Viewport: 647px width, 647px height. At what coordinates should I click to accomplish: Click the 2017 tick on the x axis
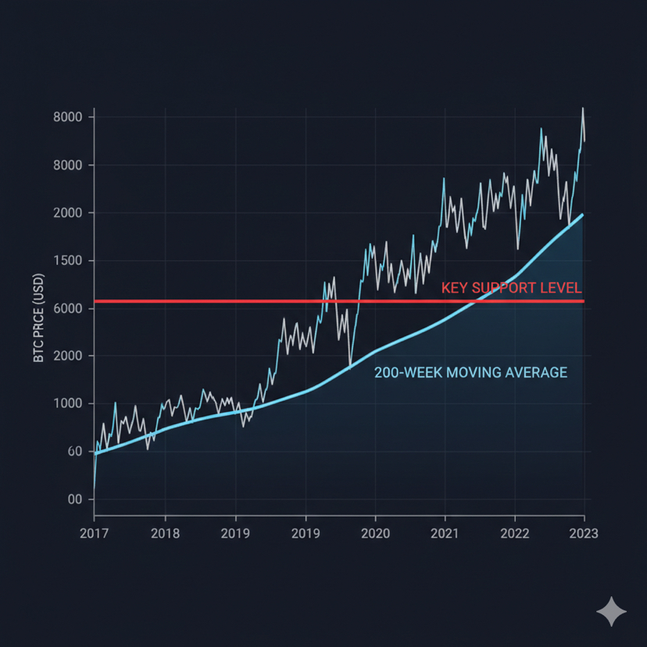tap(94, 534)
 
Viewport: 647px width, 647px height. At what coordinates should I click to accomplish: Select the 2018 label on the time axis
tap(165, 534)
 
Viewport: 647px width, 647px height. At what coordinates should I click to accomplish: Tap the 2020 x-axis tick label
tap(375, 534)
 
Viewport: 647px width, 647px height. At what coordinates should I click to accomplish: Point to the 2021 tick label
tap(445, 534)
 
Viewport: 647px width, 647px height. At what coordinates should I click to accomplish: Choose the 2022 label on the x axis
tap(514, 534)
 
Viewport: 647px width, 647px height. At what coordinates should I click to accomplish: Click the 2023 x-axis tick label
tap(584, 534)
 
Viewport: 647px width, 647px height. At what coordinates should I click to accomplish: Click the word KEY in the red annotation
tap(456, 288)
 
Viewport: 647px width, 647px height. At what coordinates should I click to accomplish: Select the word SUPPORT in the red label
tap(504, 288)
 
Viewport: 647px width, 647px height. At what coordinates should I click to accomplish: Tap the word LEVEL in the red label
tap(562, 288)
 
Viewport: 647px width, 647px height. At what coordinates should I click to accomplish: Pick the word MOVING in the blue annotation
tap(476, 373)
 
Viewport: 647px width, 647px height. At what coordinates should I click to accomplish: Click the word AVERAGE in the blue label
tap(536, 373)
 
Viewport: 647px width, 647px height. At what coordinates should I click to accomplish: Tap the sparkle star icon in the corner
tap(611, 612)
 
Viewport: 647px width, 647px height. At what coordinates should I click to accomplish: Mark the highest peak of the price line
tap(582, 109)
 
